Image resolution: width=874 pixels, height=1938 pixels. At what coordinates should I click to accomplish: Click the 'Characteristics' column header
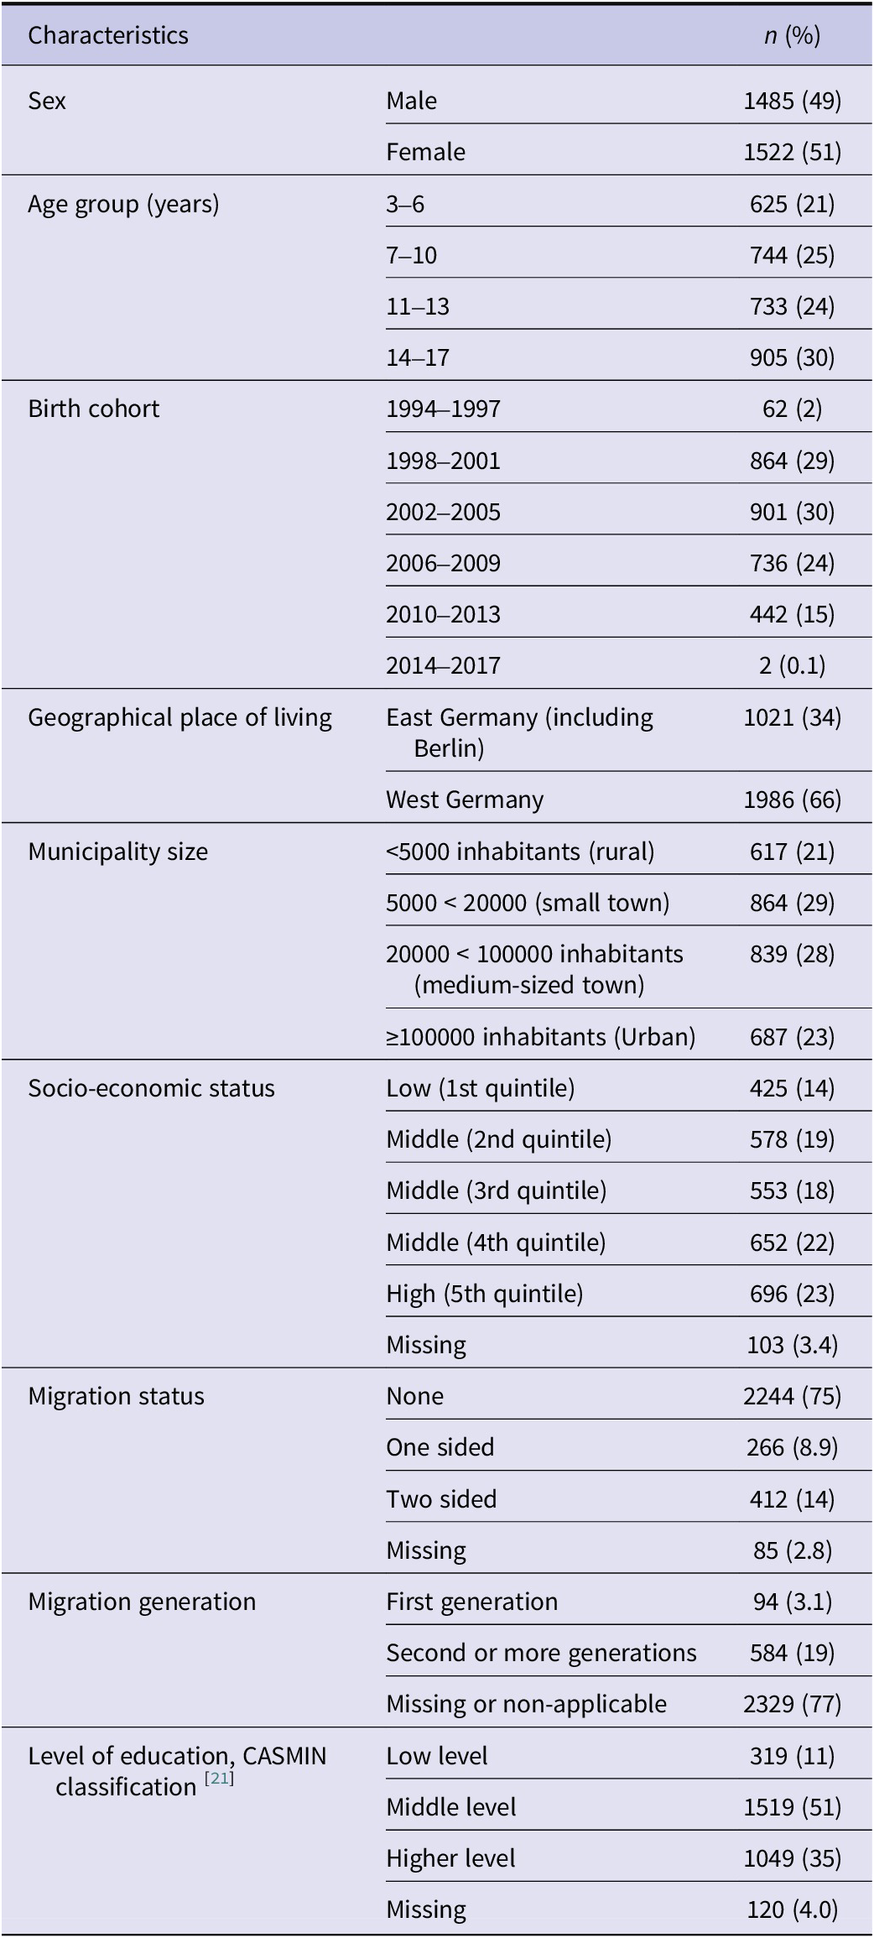tap(108, 35)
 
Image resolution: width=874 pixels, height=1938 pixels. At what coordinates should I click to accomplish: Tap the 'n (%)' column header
tap(792, 35)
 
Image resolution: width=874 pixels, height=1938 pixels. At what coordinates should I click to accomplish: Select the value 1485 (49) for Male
tap(792, 101)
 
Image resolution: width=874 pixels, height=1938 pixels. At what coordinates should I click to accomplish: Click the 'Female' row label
tap(425, 152)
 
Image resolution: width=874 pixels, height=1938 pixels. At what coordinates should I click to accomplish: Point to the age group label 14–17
tap(418, 357)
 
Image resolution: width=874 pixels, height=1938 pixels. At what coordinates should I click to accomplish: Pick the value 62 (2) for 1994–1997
tap(792, 409)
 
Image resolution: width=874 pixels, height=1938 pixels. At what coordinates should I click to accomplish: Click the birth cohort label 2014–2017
tap(443, 665)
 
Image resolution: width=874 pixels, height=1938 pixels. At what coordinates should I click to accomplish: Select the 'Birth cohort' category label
tap(93, 409)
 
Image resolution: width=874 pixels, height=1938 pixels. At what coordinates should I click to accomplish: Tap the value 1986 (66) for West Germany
tap(792, 800)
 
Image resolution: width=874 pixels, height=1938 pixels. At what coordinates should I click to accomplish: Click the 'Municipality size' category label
tap(117, 852)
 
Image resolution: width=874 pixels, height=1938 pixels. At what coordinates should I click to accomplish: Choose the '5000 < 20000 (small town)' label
tap(528, 903)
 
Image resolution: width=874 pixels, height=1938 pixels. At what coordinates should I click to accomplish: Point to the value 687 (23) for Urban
tap(792, 1037)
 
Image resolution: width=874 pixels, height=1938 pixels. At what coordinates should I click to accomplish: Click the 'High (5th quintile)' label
tap(484, 1294)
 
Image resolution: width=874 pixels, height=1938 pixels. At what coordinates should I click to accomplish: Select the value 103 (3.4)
tap(792, 1345)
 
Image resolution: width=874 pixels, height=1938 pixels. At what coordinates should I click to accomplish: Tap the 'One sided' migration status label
tap(440, 1447)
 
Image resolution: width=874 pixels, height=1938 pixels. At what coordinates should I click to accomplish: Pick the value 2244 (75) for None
tap(792, 1396)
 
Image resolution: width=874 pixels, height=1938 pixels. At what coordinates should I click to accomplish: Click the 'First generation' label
tap(471, 1602)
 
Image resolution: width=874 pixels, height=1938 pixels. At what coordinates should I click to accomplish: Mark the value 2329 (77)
tap(792, 1704)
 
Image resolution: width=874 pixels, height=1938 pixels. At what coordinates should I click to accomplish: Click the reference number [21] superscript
tap(219, 1779)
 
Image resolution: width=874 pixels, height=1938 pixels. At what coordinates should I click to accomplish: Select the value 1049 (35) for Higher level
tap(792, 1858)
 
